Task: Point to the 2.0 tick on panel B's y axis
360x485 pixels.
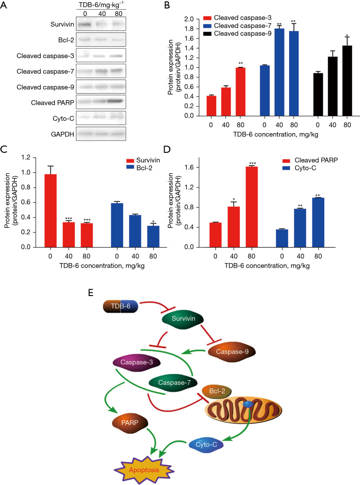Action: [185, 19]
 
